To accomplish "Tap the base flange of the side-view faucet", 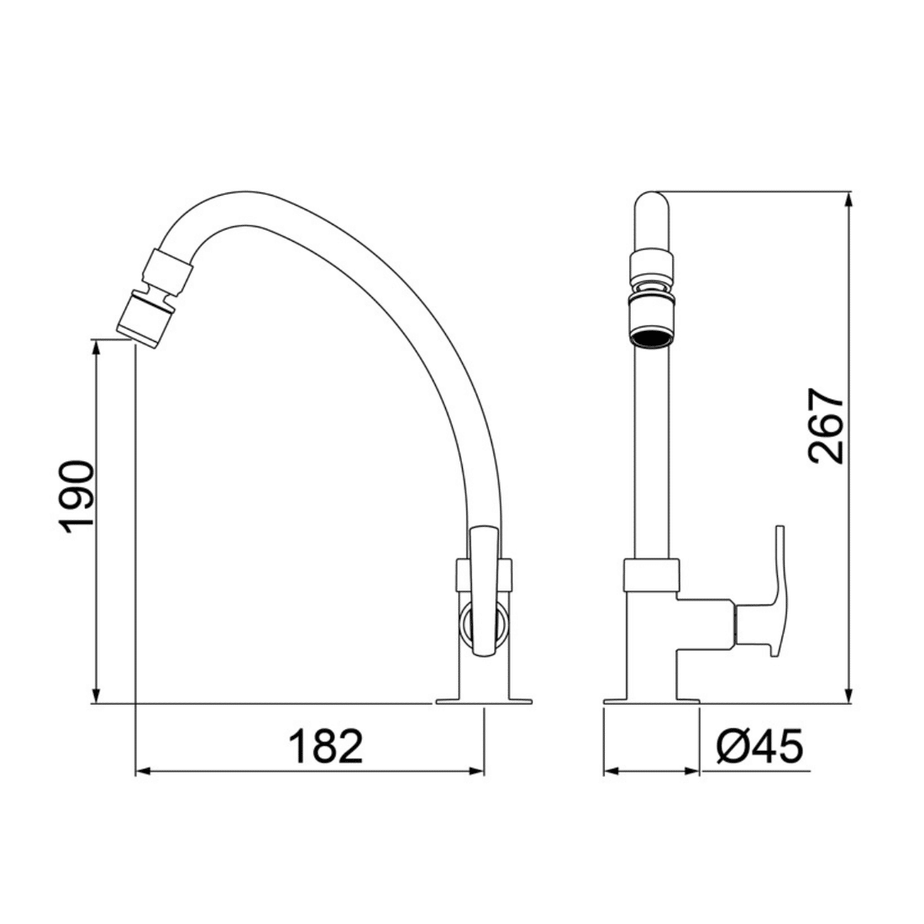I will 484,700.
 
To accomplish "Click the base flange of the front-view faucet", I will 652,700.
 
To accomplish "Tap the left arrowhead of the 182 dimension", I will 143,770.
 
